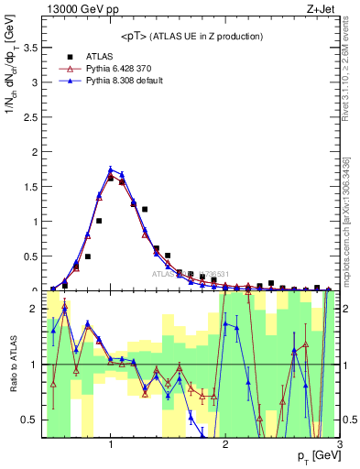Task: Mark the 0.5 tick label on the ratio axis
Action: [x=33, y=420]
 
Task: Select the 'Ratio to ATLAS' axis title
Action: [x=13, y=365]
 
